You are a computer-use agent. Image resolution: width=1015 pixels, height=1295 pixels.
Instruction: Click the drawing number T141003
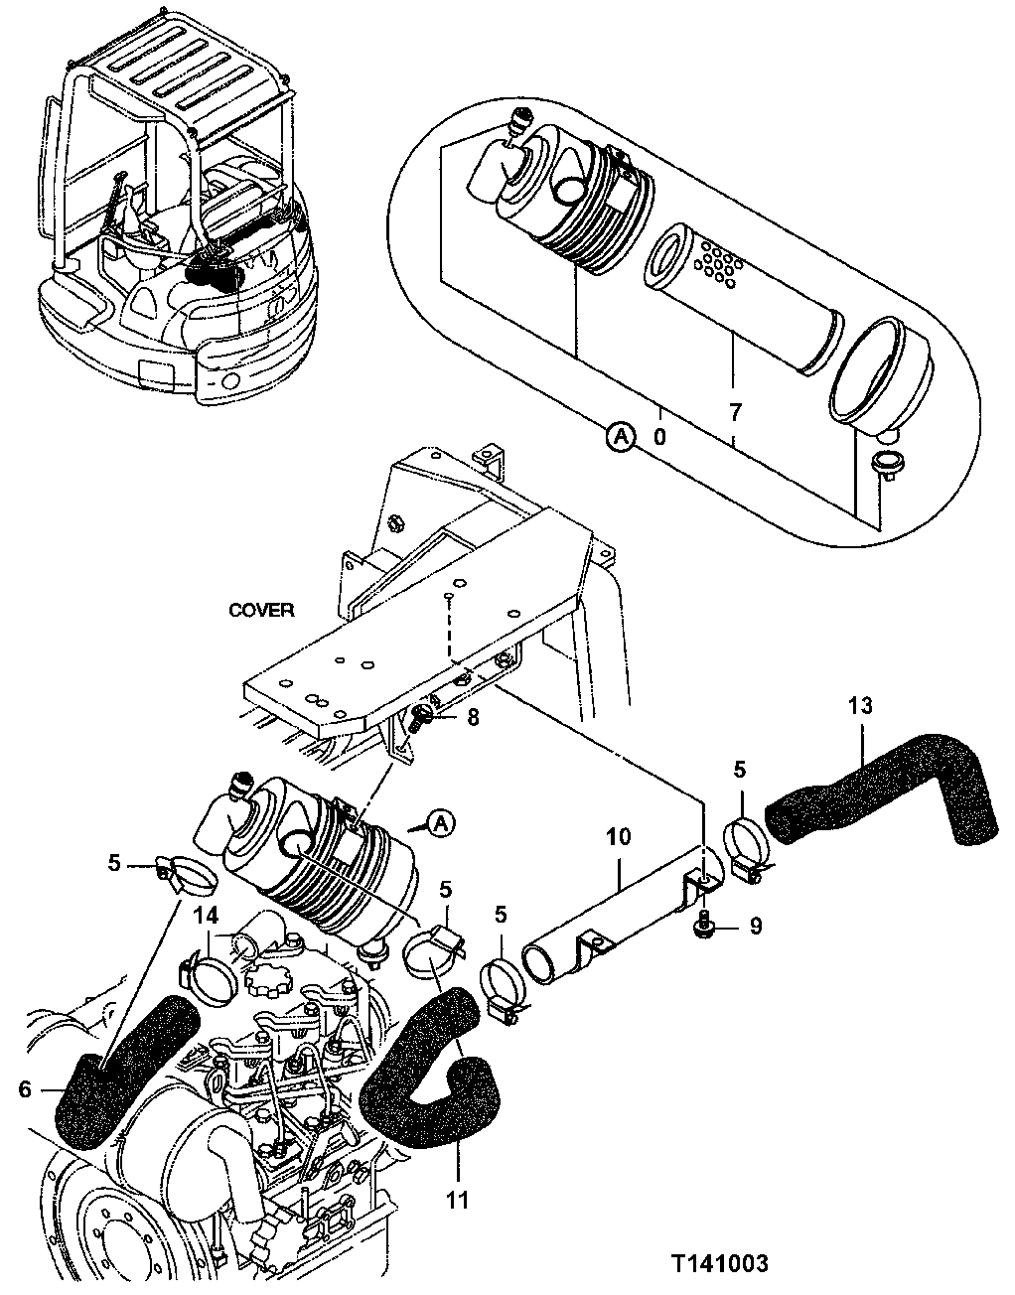click(x=718, y=1263)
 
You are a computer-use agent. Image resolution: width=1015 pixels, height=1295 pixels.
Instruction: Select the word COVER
click(x=261, y=610)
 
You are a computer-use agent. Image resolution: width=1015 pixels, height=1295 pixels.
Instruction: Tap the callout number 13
click(x=860, y=706)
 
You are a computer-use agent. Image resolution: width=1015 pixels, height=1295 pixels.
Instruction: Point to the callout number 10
click(x=618, y=838)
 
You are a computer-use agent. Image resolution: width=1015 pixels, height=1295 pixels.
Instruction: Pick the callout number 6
click(x=26, y=1089)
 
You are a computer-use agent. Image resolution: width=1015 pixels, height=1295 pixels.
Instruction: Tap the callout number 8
click(x=473, y=716)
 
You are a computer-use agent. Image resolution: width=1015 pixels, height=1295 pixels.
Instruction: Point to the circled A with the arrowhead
click(x=443, y=822)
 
